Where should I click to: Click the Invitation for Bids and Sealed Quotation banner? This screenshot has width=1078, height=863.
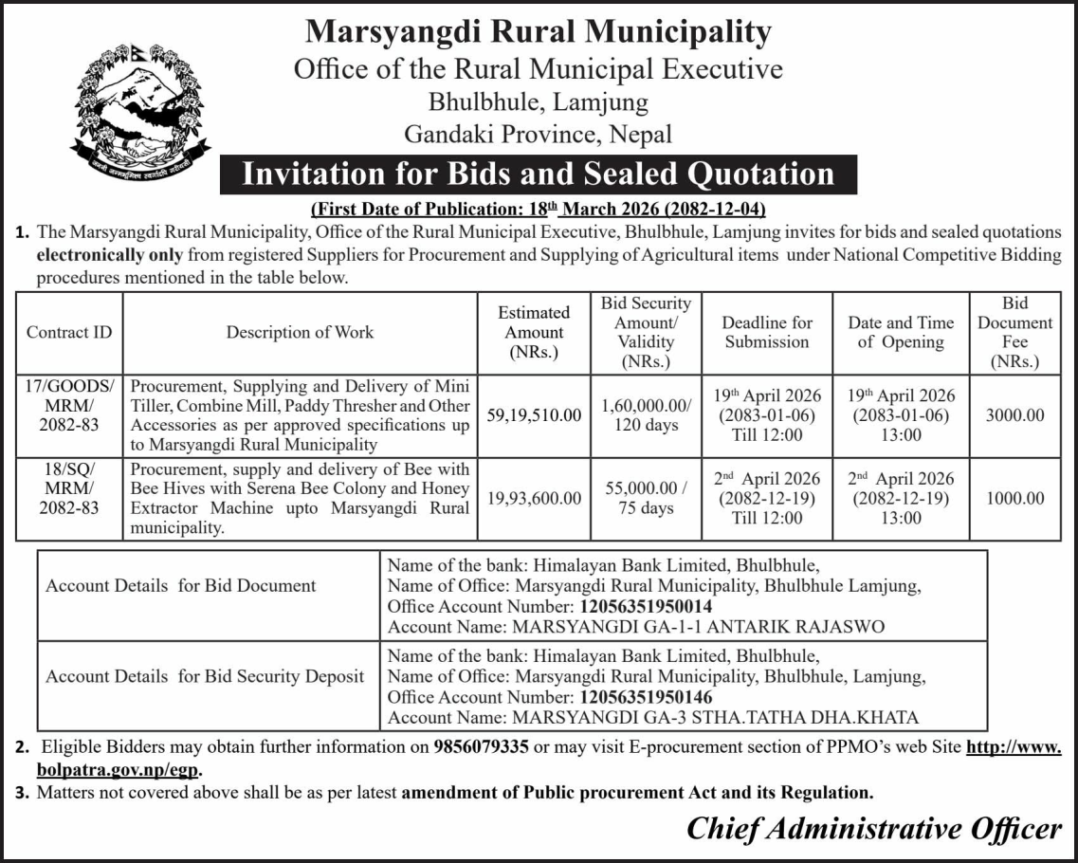coord(538,174)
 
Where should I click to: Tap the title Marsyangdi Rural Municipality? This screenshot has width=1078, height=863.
coord(538,32)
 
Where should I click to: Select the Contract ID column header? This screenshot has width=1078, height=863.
coord(69,332)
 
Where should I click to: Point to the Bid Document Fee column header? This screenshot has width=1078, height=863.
coord(1014,332)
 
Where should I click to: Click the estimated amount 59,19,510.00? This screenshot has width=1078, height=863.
coord(534,415)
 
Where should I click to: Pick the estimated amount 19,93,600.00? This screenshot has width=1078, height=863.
coord(534,499)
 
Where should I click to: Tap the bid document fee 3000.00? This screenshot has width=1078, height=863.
coord(1014,415)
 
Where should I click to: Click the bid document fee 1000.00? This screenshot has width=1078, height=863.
coord(1014,499)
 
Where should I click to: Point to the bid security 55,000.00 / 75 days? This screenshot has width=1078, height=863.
coord(646,499)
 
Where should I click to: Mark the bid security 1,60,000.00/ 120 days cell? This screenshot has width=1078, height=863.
coord(646,415)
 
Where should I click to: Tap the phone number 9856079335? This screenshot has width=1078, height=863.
coord(481,746)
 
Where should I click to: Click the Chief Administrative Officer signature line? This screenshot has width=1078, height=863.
coord(873,829)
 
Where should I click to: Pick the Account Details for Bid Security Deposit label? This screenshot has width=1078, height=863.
coord(205,676)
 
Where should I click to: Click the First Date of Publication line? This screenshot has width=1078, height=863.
coord(538,208)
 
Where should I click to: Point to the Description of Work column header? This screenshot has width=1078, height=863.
coord(300,332)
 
